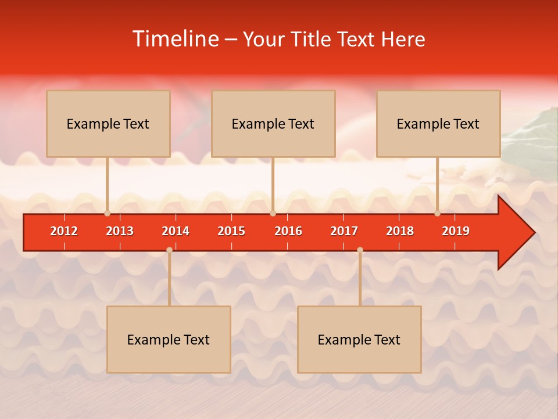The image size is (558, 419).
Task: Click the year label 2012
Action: (64, 231)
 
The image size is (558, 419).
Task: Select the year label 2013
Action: (120, 231)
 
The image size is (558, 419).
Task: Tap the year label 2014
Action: (176, 231)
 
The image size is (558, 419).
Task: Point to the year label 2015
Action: (231, 231)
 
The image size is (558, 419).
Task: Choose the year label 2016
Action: (288, 231)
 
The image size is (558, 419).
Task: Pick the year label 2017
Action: (344, 231)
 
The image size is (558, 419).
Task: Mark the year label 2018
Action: (400, 231)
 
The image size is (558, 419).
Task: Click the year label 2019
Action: (456, 231)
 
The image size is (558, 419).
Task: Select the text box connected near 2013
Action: (108, 123)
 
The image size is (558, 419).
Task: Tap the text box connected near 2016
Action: (273, 123)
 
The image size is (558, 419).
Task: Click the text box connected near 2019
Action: (438, 123)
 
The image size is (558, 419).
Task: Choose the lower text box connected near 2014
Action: (169, 339)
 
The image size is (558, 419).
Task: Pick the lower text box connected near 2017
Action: (359, 339)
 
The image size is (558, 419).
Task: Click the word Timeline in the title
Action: (174, 39)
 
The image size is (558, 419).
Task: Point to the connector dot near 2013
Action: (108, 213)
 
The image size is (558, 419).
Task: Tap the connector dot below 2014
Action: (169, 250)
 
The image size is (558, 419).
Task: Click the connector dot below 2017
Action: (360, 250)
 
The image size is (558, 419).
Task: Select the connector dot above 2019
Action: (437, 213)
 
